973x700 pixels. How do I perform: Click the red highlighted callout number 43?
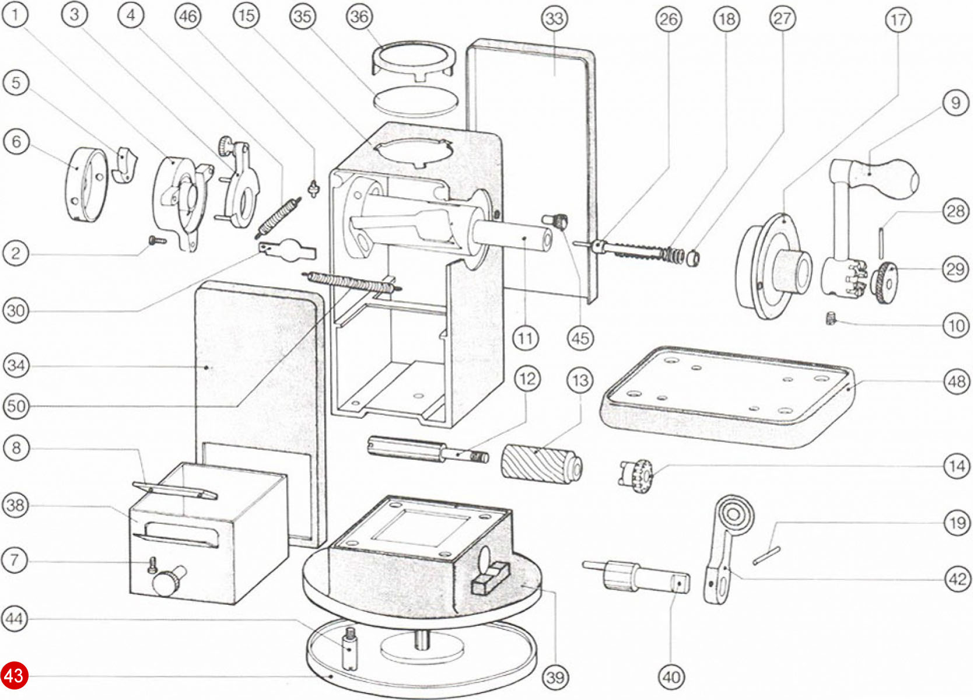coord(14,675)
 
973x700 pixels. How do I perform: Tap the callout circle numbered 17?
coord(898,20)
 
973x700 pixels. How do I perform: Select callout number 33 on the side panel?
coord(554,19)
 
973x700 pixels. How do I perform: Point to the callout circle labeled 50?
coord(16,406)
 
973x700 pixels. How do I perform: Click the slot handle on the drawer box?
coord(180,533)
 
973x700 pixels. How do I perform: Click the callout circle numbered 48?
coord(956,382)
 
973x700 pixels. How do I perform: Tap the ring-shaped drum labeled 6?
coord(86,184)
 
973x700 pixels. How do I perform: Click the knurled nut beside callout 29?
coord(884,283)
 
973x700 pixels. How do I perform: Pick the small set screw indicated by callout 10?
coord(831,318)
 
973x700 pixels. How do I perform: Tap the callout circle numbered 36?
coord(358,16)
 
